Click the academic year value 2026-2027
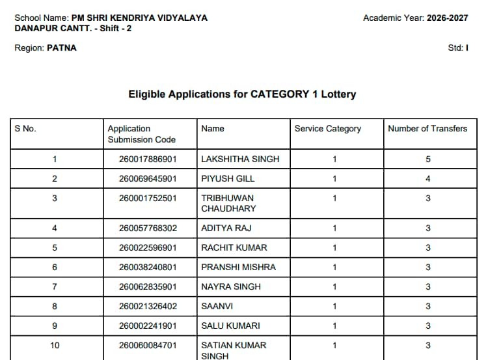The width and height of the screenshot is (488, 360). [447, 18]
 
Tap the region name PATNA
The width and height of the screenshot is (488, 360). [62, 48]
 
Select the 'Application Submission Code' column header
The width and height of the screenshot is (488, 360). [141, 134]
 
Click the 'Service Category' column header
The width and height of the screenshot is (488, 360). [327, 129]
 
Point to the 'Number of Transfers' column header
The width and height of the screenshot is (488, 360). [427, 129]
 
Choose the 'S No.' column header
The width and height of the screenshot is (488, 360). [25, 129]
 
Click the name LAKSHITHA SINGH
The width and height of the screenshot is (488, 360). [240, 159]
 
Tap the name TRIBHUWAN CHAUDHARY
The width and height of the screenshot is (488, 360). [228, 203]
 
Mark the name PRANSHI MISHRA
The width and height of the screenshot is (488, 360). [238, 268]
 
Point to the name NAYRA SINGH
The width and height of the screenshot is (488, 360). [231, 287]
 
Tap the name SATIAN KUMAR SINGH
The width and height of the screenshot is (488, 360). [234, 350]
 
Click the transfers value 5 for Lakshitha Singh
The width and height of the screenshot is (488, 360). [428, 159]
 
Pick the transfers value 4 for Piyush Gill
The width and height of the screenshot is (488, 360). [428, 178]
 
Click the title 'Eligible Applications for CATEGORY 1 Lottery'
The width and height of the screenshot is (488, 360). [242, 94]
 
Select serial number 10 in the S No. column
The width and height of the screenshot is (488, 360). [55, 346]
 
